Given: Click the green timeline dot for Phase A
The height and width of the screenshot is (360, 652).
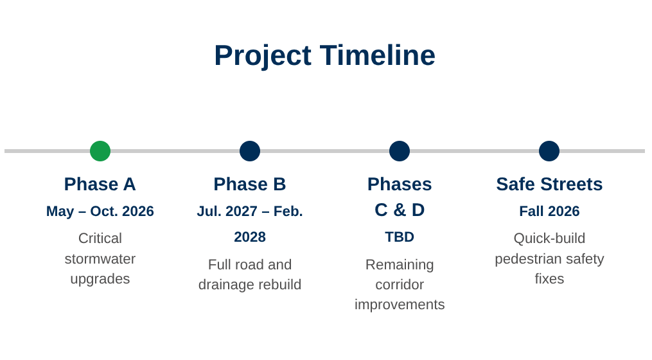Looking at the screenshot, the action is pos(100,150).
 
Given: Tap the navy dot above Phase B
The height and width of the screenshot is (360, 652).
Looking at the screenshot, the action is pos(250,150).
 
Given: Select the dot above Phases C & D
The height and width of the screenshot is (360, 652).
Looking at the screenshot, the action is pos(400,150).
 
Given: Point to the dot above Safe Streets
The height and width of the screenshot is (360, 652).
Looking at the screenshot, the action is pos(549,150).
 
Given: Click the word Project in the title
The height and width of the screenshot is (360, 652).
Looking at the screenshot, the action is pos(263,56).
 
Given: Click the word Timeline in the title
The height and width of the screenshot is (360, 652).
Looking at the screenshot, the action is pos(378,55).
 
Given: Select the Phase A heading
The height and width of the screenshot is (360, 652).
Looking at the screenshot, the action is pos(100,184).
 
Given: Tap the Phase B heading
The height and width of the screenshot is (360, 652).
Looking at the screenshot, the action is pos(250,184).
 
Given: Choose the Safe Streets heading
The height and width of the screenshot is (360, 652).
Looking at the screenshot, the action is pos(549,184).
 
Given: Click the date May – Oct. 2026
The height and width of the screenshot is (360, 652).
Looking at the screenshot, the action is pos(100,211).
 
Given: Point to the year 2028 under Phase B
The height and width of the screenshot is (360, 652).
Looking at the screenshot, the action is pos(250,237).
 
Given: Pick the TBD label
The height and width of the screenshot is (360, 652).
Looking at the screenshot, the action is pos(400,237).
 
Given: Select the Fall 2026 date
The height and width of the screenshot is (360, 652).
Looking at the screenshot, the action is pos(549,211).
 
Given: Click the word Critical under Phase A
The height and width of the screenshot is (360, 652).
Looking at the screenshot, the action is pos(100,238).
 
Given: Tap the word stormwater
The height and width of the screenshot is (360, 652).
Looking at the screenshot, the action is pos(100,258).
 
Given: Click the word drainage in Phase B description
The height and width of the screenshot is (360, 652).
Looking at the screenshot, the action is pos(227,285).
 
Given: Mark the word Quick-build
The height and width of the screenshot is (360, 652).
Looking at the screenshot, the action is pos(549,238).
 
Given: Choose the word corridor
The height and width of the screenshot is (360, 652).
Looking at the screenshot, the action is pos(400,284).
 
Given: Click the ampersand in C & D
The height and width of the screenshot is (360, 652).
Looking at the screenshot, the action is pos(400,210).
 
